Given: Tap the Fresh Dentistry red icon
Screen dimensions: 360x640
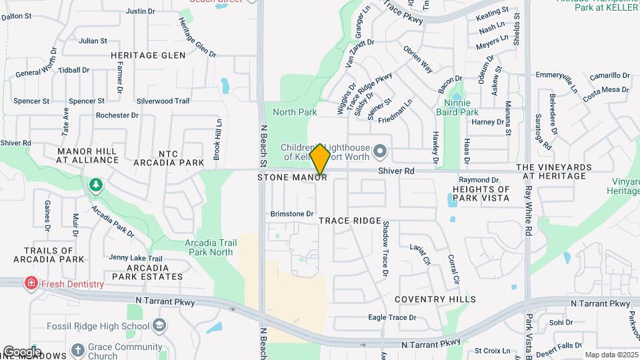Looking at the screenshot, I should (31, 284).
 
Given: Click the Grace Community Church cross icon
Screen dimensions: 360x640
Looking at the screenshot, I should (78, 349).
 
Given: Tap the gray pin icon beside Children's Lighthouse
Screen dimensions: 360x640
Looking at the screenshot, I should (381, 152).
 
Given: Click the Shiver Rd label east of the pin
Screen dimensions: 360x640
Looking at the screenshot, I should (396, 171).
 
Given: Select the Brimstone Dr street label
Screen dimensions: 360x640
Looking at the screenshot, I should (292, 214).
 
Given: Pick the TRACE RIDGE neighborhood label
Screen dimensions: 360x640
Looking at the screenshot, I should (349, 220).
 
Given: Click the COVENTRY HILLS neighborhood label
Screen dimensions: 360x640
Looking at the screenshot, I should (435, 299).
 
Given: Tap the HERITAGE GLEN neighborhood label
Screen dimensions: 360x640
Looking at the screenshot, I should (148, 55).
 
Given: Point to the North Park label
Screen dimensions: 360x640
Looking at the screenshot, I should (295, 112).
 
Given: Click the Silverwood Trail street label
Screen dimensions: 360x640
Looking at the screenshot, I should (163, 101).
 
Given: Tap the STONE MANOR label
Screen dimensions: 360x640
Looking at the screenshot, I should (292, 178).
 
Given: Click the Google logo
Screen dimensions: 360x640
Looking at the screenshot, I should (22, 352).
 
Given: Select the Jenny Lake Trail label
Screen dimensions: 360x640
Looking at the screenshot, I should (136, 258).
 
